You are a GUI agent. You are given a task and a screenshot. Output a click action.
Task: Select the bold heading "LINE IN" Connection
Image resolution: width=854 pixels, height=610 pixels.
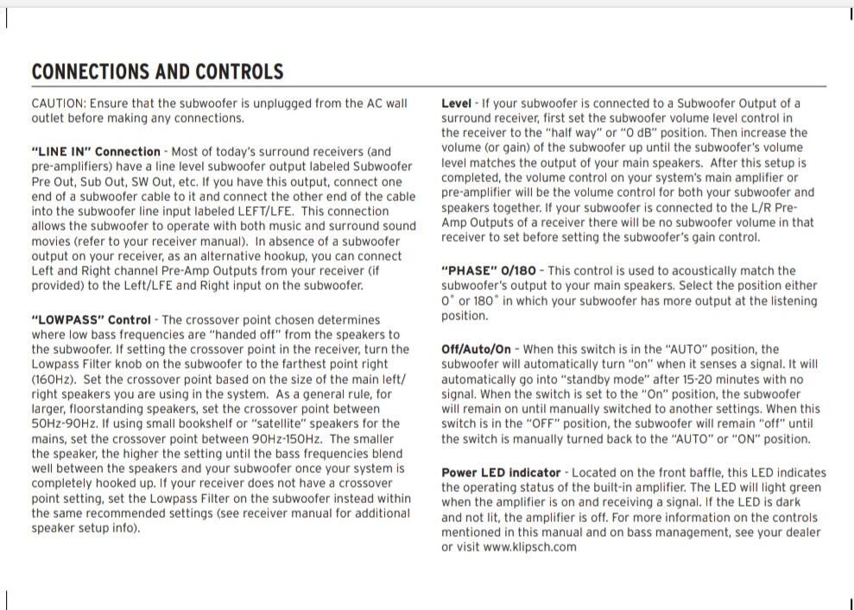coord(96,152)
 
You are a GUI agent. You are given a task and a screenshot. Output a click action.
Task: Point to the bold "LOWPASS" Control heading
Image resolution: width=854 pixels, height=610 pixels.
coord(91,320)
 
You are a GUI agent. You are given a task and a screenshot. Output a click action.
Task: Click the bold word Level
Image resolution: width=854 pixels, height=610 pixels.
coord(456,104)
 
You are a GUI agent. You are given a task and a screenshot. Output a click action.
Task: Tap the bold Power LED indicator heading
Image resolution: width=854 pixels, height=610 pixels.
coord(501,473)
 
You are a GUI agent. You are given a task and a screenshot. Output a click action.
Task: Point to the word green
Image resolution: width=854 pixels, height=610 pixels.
coord(807,487)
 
